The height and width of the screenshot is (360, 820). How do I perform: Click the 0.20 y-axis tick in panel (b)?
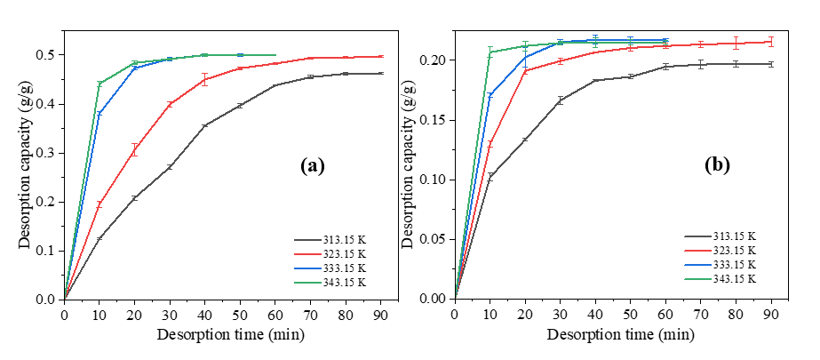[436, 60]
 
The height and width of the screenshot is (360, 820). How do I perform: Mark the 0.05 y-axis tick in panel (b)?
[436, 239]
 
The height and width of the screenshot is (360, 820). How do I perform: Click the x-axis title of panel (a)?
[222, 334]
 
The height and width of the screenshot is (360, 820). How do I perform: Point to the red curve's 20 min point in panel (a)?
[134, 150]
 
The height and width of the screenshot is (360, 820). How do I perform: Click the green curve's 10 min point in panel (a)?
[100, 84]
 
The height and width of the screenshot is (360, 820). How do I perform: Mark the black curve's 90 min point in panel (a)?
[381, 74]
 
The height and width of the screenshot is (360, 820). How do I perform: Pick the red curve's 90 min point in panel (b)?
[772, 42]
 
